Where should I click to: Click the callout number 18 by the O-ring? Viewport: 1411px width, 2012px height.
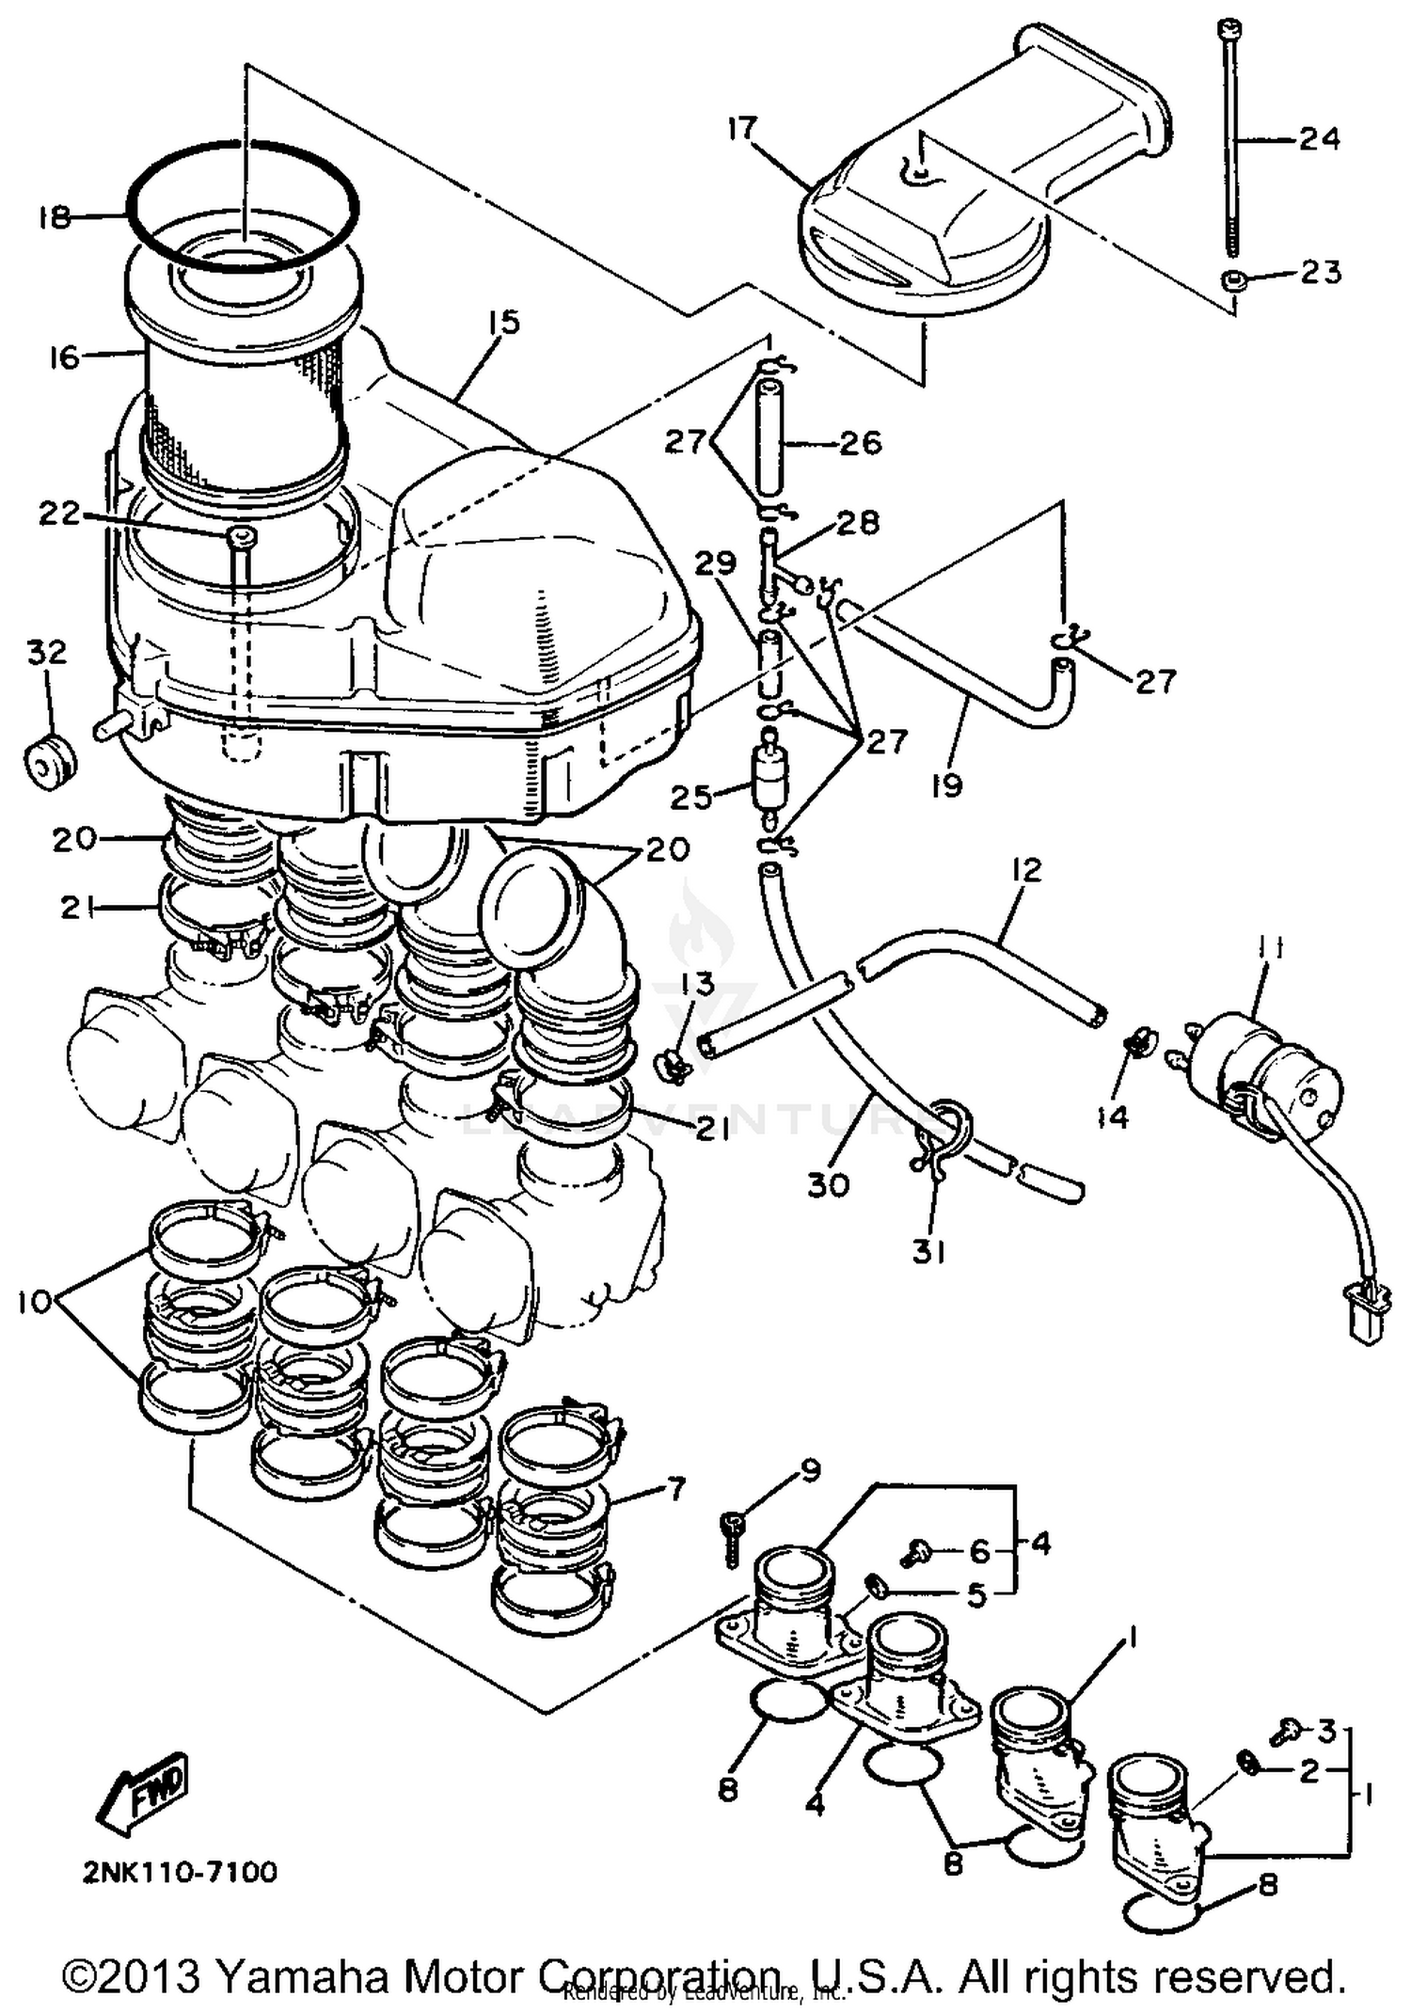(x=54, y=218)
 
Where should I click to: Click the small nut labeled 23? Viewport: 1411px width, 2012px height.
(x=1231, y=279)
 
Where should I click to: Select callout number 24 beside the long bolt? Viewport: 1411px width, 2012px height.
(x=1319, y=138)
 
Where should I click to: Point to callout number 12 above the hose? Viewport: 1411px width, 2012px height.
(x=1027, y=870)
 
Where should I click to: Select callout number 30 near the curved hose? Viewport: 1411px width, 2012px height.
(x=828, y=1184)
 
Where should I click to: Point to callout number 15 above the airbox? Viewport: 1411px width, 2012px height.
(x=504, y=323)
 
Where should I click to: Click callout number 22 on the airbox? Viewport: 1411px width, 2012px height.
(x=58, y=514)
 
